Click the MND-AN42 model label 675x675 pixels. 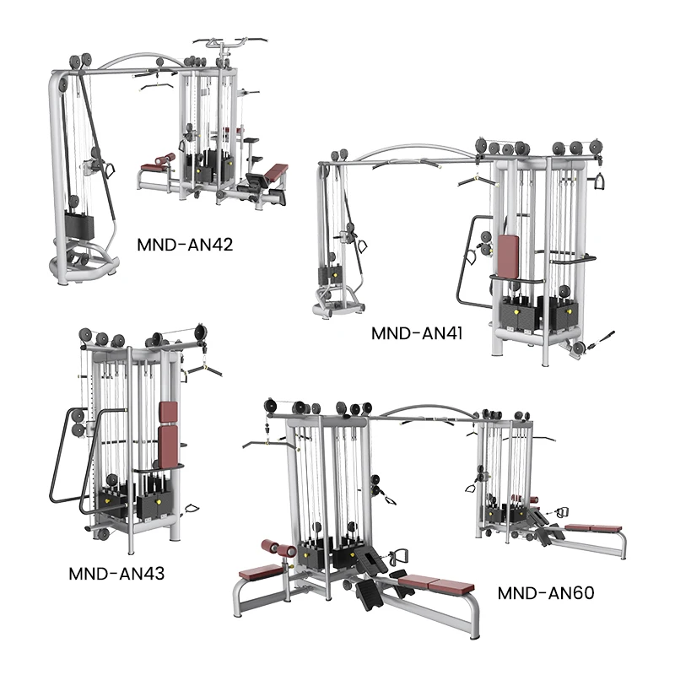point(185,245)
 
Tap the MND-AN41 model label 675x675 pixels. point(417,333)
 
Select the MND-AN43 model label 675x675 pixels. point(116,574)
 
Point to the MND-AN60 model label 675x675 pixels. point(546,593)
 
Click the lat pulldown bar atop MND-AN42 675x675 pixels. point(230,41)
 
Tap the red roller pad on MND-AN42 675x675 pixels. point(165,159)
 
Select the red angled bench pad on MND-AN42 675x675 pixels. point(276,171)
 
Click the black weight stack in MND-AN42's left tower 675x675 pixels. point(79,224)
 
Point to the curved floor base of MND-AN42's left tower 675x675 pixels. point(84,262)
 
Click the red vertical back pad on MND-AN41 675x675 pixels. point(509,256)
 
